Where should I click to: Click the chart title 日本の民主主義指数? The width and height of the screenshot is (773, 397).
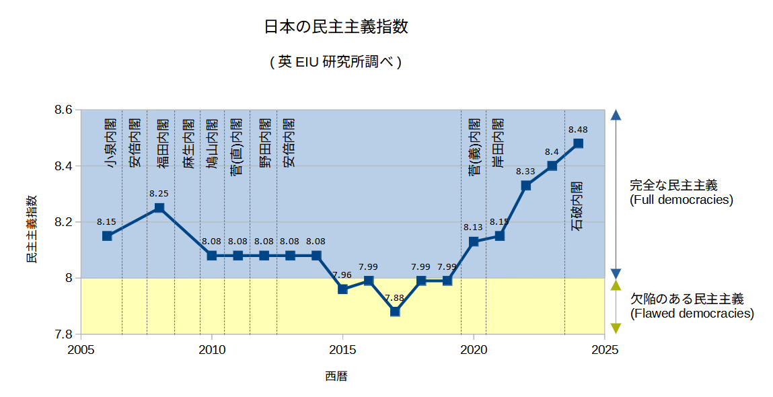[x=336, y=28]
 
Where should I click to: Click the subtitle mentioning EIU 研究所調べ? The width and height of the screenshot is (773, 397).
[x=336, y=62]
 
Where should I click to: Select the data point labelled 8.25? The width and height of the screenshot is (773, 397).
[x=159, y=207]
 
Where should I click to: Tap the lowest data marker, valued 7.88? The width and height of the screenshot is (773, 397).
[x=395, y=312]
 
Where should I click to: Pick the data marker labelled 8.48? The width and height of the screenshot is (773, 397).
[x=579, y=143]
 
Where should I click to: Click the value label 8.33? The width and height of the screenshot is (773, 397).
[x=525, y=172]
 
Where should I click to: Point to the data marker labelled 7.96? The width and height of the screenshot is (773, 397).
[x=342, y=289]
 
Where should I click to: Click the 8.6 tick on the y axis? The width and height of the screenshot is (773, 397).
[x=63, y=110]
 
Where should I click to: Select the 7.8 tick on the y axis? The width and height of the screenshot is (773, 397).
[x=63, y=334]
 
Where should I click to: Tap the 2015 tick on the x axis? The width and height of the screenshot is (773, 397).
[x=342, y=349]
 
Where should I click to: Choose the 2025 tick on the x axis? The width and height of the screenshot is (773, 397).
[x=605, y=349]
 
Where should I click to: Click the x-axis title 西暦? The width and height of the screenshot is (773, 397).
[x=336, y=376]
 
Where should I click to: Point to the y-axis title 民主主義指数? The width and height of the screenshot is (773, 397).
[x=32, y=229]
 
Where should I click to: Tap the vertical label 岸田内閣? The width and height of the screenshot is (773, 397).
[x=499, y=143]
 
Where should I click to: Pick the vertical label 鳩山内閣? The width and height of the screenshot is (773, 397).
[x=213, y=143]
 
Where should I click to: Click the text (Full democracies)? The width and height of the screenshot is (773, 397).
[x=681, y=200]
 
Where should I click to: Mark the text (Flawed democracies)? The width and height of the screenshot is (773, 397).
[x=692, y=314]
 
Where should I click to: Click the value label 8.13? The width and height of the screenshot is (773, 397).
[x=473, y=227]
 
